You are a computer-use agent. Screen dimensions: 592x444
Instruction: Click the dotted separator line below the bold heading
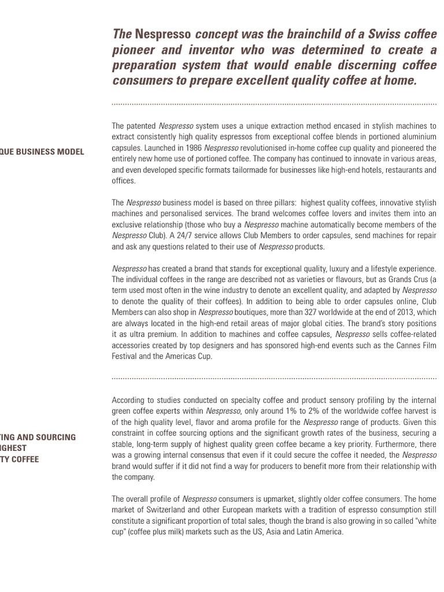[274, 104]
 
